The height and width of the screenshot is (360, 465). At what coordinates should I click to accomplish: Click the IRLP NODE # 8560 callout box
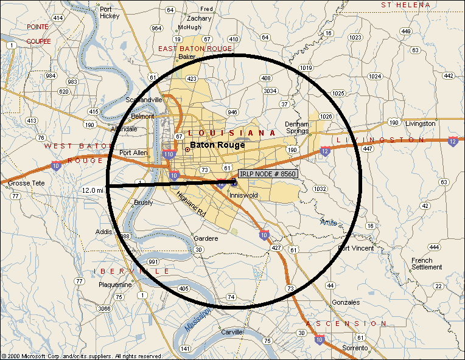coord(268,174)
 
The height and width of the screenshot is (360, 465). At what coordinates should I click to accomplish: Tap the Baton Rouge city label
coord(217,145)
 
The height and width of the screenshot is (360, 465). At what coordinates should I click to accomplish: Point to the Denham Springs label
coord(297,128)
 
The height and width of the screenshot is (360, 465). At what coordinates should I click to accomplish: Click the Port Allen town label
coord(133,153)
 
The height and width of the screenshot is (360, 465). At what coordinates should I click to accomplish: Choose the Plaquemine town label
coord(115,284)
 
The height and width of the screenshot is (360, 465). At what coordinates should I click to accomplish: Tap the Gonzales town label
coord(346,302)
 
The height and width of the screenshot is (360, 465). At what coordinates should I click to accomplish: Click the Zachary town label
coord(199,18)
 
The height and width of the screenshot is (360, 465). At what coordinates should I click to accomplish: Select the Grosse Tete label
coord(24,182)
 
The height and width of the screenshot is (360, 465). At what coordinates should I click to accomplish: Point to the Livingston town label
coord(421,123)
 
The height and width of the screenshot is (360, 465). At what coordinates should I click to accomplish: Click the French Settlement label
coord(427,263)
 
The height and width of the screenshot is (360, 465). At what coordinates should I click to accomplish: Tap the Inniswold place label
coord(243,195)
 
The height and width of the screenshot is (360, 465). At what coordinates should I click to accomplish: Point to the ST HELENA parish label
coord(406,5)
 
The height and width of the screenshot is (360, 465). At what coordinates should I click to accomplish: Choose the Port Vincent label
coord(355,248)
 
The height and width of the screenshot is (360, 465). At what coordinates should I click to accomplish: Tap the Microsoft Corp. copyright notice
coord(82,356)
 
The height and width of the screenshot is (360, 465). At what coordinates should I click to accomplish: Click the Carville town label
coord(232,332)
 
